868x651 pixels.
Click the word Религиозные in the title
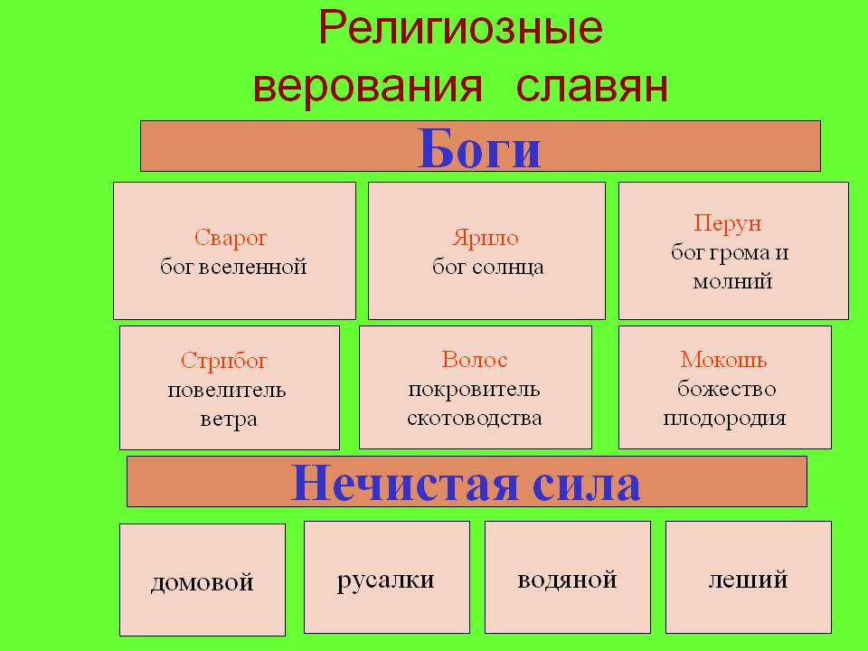[460, 29]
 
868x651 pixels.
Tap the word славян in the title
[591, 87]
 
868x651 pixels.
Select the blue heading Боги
[479, 147]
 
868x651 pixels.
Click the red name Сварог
[231, 238]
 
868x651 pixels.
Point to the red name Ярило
[486, 238]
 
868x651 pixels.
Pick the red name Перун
[728, 223]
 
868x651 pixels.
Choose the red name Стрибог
[223, 361]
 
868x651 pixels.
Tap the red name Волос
[475, 360]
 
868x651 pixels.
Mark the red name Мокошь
[723, 360]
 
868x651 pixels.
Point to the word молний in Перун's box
[732, 282]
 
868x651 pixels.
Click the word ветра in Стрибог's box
[229, 419]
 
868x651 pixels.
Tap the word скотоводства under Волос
[475, 418]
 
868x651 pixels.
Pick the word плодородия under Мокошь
[724, 418]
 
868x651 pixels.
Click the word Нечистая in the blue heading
[404, 483]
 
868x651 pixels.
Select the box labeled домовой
[203, 580]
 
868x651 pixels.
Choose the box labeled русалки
[387, 578]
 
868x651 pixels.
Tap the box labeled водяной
[568, 578]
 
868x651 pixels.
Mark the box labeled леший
[749, 578]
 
